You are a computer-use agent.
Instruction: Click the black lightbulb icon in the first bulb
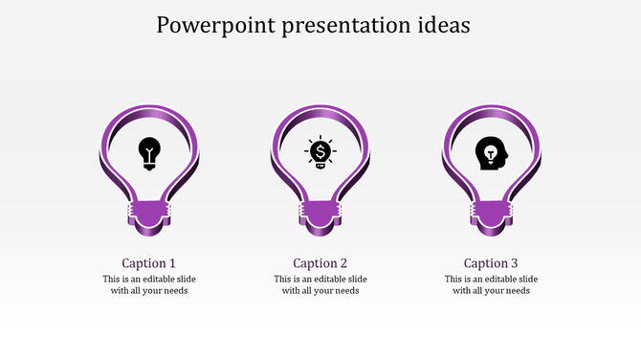pos(149,153)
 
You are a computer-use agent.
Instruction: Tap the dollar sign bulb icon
pos(320,153)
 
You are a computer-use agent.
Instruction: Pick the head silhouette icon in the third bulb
pos(491,153)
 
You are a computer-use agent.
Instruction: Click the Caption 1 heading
pos(149,263)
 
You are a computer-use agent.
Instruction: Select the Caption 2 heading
pos(320,263)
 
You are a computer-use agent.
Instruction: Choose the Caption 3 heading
pos(491,263)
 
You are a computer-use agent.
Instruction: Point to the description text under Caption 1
pos(149,284)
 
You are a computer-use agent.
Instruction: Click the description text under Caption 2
pos(320,284)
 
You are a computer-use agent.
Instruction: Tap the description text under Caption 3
pos(491,284)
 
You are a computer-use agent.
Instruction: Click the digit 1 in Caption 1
pos(172,263)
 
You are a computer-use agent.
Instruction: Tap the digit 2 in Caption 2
pos(343,263)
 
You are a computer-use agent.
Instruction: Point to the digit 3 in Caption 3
pos(514,263)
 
